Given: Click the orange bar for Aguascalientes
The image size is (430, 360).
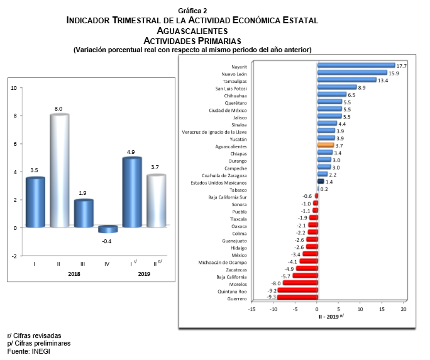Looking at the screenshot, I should tap(325, 146).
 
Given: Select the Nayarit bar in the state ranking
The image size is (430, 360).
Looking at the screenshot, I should tap(356, 65).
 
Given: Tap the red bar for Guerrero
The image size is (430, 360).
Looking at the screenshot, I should tap(297, 298).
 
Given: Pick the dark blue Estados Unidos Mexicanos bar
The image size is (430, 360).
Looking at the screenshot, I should tap(320, 182).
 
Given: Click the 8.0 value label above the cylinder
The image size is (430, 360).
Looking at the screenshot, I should tap(58, 109).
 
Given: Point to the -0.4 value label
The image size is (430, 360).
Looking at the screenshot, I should tap(107, 241).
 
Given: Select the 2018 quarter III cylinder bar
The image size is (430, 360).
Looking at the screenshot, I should tap(83, 214).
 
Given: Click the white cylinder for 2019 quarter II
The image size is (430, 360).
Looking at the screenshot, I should tap(155, 201).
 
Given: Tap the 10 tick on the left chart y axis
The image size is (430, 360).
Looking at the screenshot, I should tap(14, 88).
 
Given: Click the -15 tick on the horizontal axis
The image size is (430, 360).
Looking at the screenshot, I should tap(251, 309).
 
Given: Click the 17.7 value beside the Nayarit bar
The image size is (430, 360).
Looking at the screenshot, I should tap(403, 65).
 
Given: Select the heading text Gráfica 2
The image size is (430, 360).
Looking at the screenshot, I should tap(192, 11).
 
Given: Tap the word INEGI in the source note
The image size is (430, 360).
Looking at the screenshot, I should tap(41, 352).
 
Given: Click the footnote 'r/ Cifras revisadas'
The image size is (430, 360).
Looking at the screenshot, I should tap(35, 336).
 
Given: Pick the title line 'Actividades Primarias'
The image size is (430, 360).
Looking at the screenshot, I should tap(192, 41).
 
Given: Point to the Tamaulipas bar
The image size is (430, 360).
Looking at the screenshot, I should tap(347, 80).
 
